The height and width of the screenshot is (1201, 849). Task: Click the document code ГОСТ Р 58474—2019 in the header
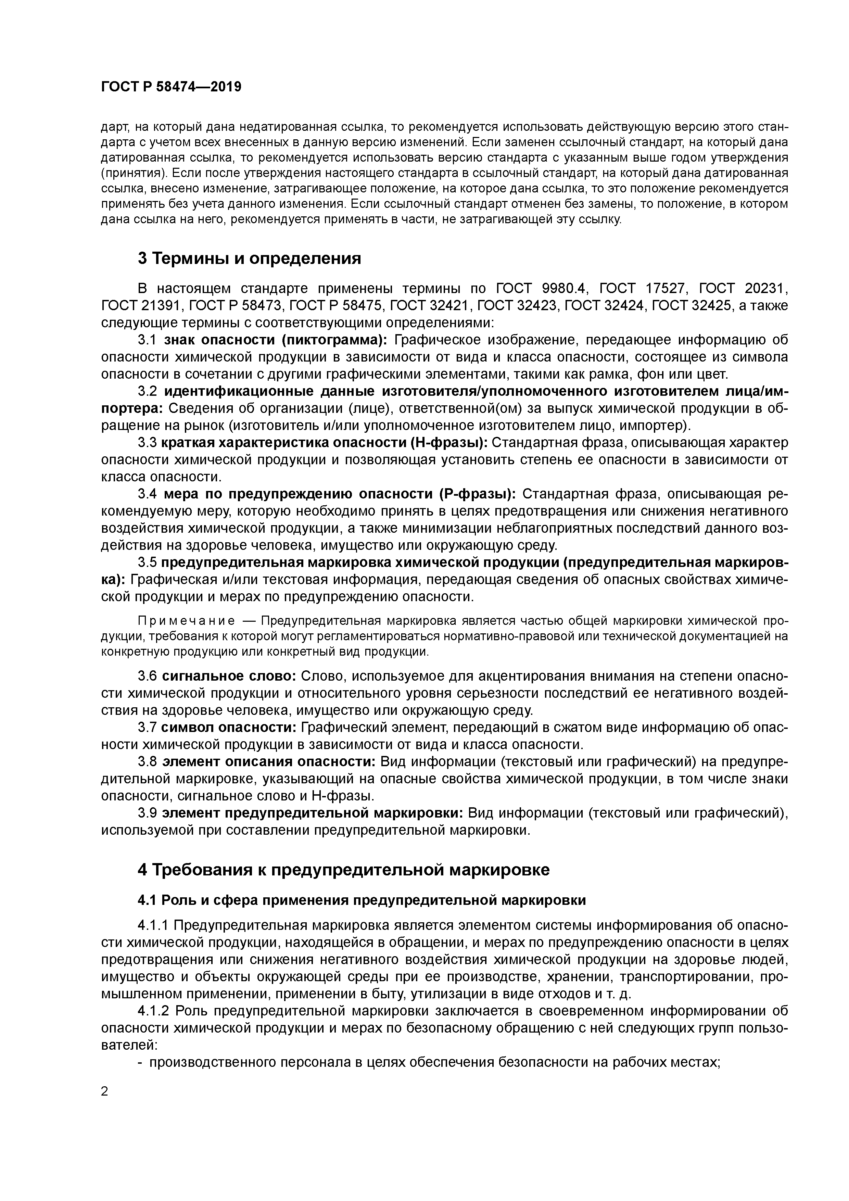point(171,87)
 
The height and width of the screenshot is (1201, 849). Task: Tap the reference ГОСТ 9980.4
point(543,289)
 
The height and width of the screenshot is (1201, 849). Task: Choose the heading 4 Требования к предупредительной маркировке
point(344,870)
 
